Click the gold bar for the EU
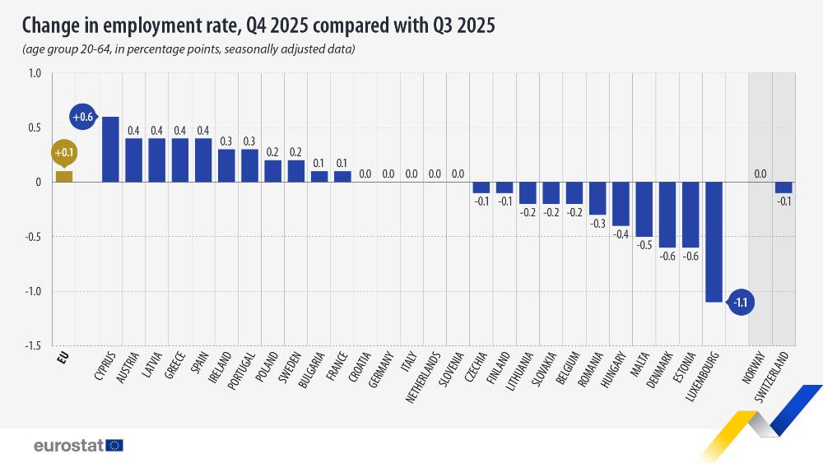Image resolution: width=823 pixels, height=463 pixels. click(63, 176)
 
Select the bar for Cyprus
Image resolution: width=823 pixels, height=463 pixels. click(110, 150)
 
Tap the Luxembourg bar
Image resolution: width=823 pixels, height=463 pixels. click(714, 242)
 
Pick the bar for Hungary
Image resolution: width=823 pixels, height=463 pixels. click(621, 204)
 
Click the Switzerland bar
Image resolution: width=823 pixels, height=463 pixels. click(783, 188)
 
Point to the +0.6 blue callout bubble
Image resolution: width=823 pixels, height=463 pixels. click(83, 118)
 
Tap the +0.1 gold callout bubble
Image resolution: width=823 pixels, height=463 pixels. click(63, 153)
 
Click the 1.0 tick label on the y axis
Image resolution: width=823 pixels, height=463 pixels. click(34, 73)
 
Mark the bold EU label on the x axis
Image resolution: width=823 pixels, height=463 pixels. click(62, 358)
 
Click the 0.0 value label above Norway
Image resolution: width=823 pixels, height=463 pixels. click(760, 174)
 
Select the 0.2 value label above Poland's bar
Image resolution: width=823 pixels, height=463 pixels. click(272, 151)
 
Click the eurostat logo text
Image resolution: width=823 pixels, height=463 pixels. click(68, 446)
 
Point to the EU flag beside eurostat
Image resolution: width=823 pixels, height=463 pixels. click(114, 445)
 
